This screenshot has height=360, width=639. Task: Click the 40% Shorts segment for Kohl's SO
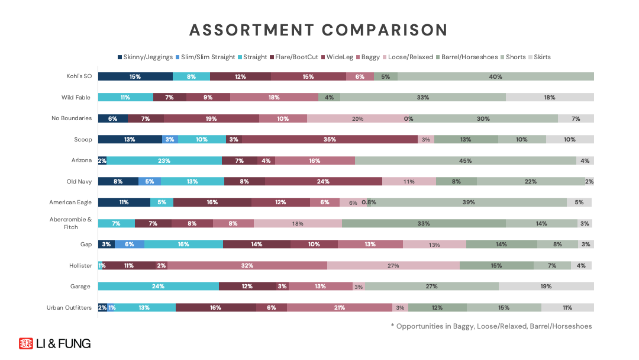pos(496,76)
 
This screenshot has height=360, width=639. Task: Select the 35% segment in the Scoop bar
pos(330,139)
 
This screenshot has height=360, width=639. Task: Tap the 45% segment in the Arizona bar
pos(466,160)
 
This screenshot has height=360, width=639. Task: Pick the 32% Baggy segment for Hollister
pos(247,265)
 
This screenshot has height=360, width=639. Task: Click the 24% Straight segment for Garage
pos(158,286)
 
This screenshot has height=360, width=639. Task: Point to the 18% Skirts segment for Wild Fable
pos(550,97)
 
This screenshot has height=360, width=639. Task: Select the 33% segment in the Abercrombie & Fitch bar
pos(424,223)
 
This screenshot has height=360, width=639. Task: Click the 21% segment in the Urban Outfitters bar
pos(340,307)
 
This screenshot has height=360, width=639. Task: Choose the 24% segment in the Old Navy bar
pos(324,181)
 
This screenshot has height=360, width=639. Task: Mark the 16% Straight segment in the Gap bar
pos(183,244)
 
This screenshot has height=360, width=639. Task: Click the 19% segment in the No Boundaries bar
pos(211,118)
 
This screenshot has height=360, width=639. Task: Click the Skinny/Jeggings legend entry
pos(145,57)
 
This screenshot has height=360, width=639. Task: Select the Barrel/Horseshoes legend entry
pos(467,57)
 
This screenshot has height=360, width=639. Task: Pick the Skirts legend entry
pos(539,57)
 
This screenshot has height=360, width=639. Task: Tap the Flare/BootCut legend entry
pos(294,57)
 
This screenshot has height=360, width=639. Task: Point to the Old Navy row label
pos(79,181)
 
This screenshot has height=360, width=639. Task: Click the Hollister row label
pos(80,265)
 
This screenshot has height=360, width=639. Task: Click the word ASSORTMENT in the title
pos(251,30)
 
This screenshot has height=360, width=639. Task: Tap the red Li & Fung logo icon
pos(25,343)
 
